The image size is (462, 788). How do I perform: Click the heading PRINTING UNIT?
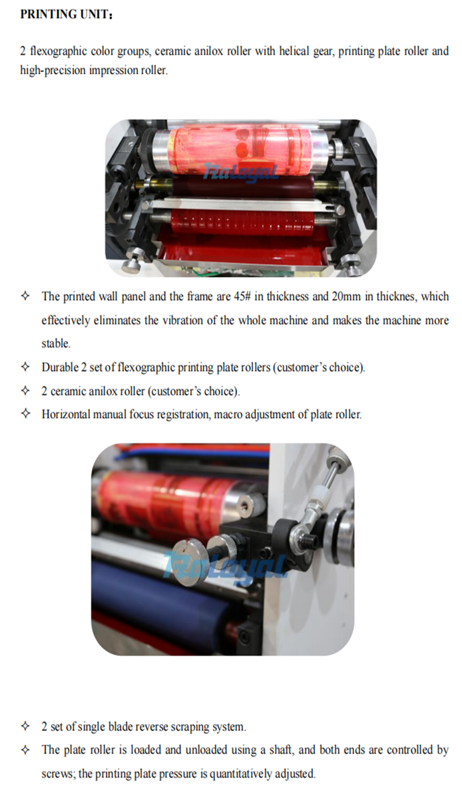[66, 14]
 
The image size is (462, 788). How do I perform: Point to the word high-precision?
[53, 70]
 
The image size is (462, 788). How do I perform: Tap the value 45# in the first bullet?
[242, 296]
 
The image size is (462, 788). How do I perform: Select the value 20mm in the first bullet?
[346, 296]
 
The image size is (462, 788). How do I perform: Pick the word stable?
[56, 344]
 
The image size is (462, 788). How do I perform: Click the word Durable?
[60, 367]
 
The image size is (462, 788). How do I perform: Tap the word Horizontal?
[66, 415]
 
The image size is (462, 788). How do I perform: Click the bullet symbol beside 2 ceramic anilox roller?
[25, 391]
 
